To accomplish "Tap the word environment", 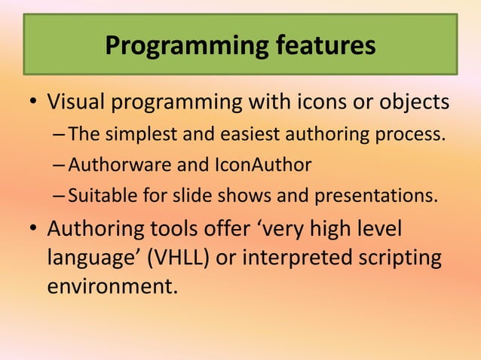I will point(112,285).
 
